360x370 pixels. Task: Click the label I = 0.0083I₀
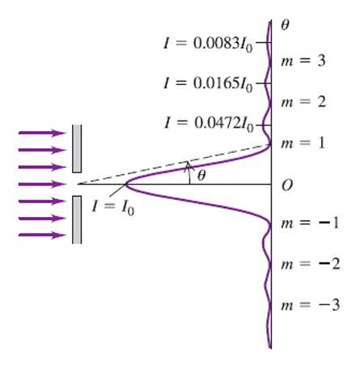tap(208, 44)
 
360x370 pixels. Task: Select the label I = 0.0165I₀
tap(208, 84)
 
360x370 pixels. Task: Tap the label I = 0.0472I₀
tap(209, 124)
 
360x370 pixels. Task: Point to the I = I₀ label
tap(113, 208)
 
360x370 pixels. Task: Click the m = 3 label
tap(303, 61)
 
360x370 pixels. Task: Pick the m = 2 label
tap(303, 102)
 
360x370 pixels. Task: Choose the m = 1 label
tap(303, 143)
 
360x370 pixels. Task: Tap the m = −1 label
tap(310, 223)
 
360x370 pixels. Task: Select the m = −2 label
tap(311, 264)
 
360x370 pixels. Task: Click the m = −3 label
tap(310, 305)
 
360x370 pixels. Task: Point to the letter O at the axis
tap(287, 185)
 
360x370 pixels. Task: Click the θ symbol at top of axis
tap(285, 25)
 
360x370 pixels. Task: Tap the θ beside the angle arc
tap(201, 176)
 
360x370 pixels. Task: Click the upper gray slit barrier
tap(77, 148)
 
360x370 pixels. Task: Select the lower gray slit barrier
tap(77, 219)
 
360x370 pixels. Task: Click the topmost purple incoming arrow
tap(42, 133)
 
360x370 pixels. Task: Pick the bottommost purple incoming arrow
tap(42, 236)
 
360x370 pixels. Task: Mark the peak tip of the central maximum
tap(126, 185)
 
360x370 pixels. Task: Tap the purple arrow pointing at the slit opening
tap(42, 185)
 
